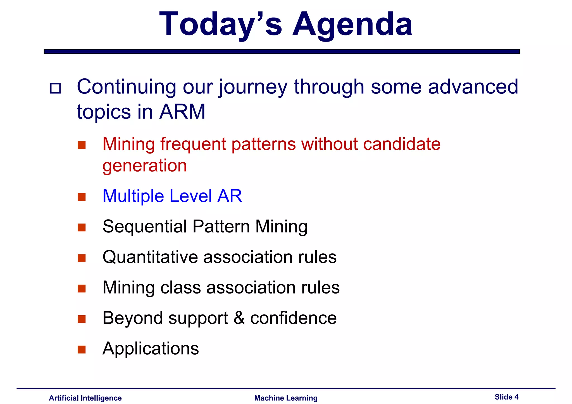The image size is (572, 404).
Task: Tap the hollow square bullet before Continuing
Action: click(55, 88)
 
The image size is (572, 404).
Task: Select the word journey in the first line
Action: click(253, 87)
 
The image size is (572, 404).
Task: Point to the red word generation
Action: click(144, 165)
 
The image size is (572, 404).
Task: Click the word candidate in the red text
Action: click(402, 144)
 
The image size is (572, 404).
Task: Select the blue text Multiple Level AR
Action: click(172, 196)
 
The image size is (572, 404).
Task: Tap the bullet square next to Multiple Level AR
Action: click(82, 197)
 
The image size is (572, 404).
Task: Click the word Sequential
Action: click(145, 226)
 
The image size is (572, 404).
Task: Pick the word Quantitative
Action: click(150, 257)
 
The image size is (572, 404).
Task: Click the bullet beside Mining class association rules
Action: click(82, 288)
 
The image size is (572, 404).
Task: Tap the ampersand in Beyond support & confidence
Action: click(239, 318)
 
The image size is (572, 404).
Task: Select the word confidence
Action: click(293, 318)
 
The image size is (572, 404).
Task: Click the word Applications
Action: click(151, 348)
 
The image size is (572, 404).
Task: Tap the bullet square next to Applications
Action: click(82, 349)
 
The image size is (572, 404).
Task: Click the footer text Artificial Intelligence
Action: click(85, 398)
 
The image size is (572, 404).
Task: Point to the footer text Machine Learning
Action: click(286, 398)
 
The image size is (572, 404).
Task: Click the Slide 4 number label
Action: click(506, 397)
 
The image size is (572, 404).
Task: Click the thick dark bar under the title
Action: click(282, 51)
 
